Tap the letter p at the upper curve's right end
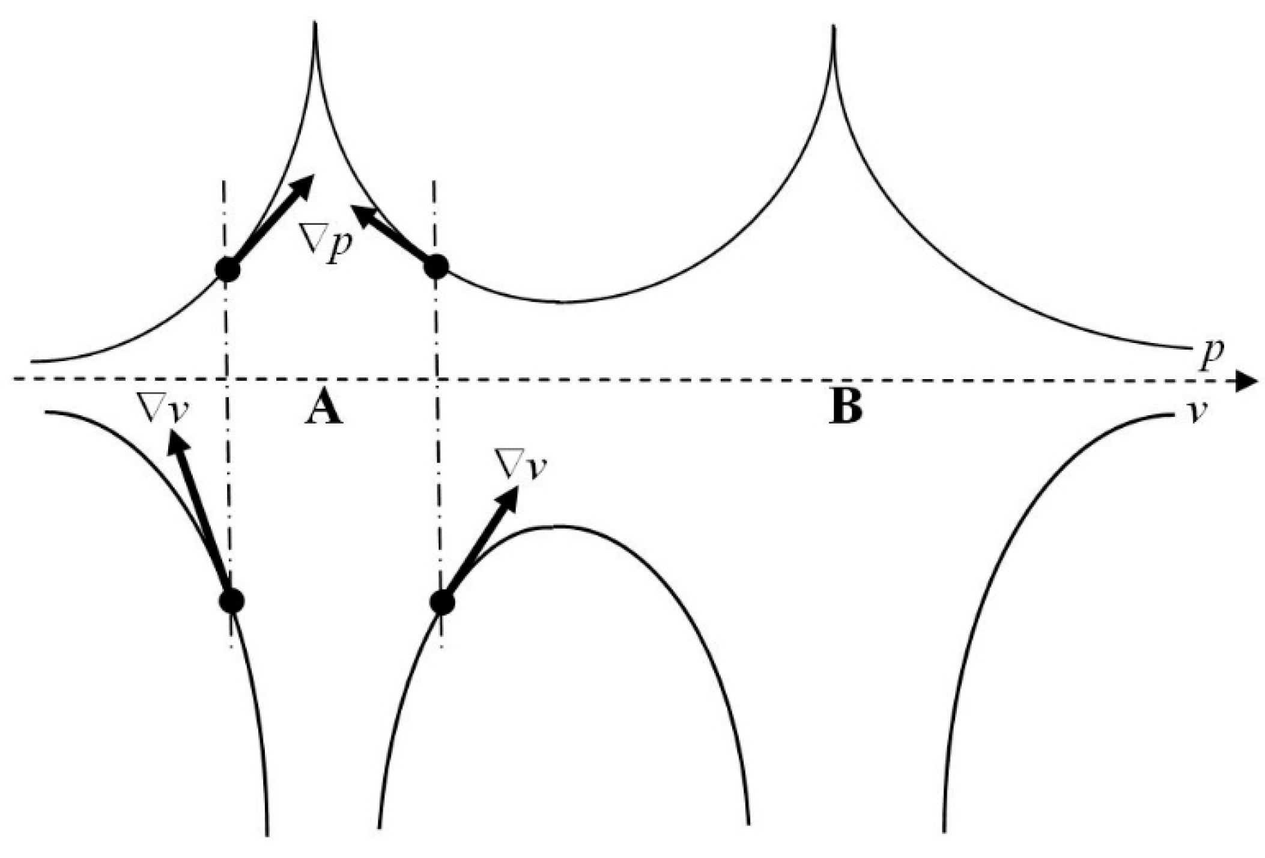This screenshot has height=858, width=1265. (1211, 356)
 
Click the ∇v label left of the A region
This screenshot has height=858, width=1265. (163, 411)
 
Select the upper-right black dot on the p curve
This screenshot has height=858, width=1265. (435, 266)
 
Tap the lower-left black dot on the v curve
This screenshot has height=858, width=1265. (231, 600)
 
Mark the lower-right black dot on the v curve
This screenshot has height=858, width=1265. (442, 603)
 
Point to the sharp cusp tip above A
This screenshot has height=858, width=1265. (315, 25)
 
